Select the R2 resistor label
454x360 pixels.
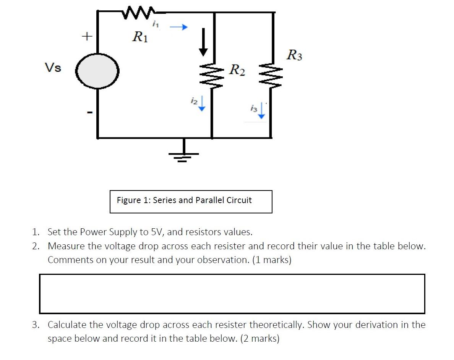pos(237,70)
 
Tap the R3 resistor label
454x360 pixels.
pos(295,55)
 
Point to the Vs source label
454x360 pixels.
pos(53,68)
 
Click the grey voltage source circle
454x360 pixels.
pos(97,71)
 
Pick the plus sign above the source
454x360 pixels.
pos(87,37)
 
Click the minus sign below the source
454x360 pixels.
pos(89,113)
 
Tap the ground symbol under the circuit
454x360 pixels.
pos(184,155)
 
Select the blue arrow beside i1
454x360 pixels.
pos(178,27)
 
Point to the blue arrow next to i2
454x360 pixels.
pos(202,104)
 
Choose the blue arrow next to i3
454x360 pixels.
pos(261,111)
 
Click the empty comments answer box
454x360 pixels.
pos(232,294)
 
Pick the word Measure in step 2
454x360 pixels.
pos(63,246)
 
